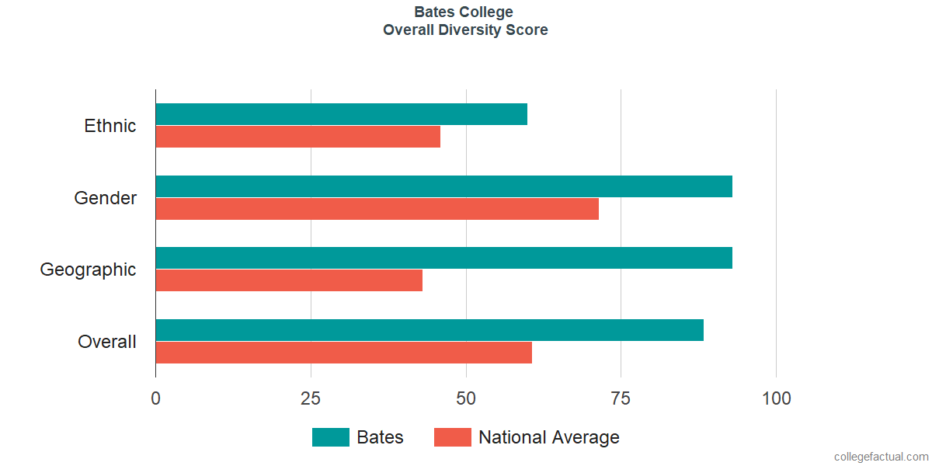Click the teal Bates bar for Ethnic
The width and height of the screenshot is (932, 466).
coord(342,114)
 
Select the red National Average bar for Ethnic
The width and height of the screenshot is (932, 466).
coord(298,137)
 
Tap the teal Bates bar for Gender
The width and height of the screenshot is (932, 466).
coord(444,186)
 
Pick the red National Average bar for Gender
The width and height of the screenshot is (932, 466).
coord(377,209)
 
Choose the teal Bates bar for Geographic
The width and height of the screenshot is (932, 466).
coord(444,258)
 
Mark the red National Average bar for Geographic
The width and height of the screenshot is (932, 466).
coord(289,280)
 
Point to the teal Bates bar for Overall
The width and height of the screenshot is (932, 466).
coord(429,330)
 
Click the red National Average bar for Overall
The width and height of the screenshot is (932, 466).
coord(344,353)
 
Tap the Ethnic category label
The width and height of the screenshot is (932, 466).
coord(110,126)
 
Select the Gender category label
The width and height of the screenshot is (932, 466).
coord(106,198)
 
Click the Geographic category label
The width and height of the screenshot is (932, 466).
coord(89,270)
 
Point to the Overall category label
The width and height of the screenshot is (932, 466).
coord(107,342)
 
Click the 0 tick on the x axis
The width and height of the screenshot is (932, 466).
coord(156,398)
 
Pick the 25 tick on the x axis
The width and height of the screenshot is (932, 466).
coord(311,398)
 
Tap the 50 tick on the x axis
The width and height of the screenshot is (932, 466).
coord(466,398)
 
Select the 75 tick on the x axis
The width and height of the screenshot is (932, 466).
coord(621,398)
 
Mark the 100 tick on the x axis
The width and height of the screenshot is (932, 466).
coord(776,398)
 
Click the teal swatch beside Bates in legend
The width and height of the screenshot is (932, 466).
coord(331,437)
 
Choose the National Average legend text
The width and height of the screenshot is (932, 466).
coord(549,437)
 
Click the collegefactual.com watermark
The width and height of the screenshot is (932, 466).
coord(881,457)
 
